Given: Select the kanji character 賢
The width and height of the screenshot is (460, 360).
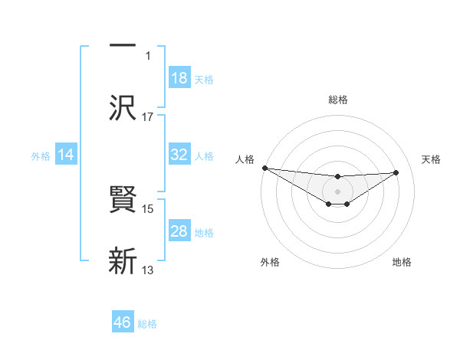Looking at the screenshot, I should point(123,201).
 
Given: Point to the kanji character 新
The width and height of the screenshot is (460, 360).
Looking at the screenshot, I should point(123,260).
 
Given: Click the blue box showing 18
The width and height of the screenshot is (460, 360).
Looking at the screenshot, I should point(179,78).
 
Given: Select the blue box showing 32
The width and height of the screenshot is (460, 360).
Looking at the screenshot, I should point(179,155).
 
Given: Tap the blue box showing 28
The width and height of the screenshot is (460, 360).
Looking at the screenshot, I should point(179,231).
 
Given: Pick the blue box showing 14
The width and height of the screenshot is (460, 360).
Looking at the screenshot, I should point(66,155).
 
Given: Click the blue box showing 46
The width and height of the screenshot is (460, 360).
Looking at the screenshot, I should point(123,322).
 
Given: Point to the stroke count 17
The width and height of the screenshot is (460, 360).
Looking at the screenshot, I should point(148,116).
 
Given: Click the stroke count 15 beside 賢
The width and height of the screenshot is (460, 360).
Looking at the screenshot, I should point(148,208).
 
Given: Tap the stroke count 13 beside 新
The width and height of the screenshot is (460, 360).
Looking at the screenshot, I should point(148,270).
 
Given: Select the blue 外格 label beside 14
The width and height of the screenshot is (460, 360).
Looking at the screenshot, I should point(41,155).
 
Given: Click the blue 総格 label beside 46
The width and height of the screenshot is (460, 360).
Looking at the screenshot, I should point(147,324).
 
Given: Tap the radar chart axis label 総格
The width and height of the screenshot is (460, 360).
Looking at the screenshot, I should point(337,100).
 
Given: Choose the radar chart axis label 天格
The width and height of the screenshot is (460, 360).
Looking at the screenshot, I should point(432,159).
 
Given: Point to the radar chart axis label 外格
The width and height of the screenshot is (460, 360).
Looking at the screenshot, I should point(270,262).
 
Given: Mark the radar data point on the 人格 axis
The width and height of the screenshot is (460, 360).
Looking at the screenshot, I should point(264,168).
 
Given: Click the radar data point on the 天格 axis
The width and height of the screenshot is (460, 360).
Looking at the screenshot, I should point(396,172).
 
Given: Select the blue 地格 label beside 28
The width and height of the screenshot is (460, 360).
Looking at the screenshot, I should point(204,232).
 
